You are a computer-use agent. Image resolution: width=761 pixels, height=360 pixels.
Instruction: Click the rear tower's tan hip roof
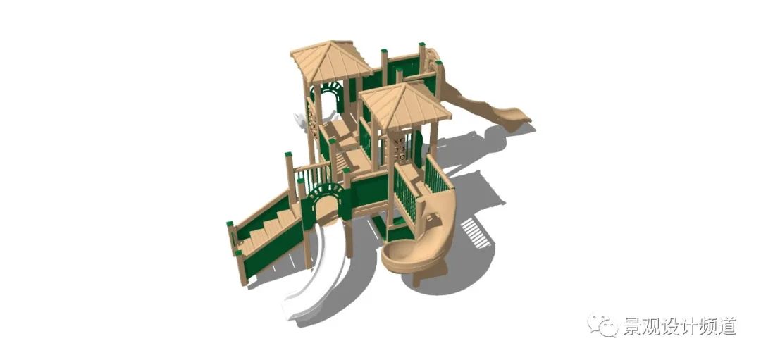[330, 61]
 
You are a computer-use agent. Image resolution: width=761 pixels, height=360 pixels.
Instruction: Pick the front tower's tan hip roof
[405, 105]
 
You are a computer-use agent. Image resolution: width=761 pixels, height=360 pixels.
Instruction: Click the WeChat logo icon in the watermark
[602, 324]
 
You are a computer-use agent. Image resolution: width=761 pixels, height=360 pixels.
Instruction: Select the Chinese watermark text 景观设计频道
[679, 325]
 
